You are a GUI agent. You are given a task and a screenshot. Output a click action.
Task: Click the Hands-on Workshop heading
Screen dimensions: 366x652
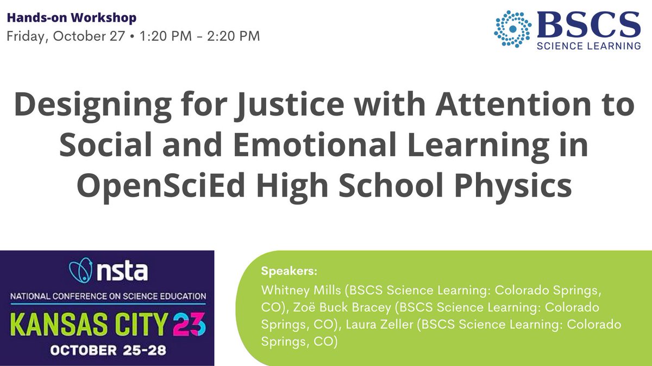click(x=71, y=18)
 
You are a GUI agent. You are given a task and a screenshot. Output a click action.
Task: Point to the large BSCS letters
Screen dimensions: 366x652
click(x=588, y=25)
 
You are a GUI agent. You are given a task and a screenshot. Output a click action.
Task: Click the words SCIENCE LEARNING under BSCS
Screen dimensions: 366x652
click(x=588, y=46)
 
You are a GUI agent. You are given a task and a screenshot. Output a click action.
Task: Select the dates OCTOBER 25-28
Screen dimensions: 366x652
click(x=108, y=350)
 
